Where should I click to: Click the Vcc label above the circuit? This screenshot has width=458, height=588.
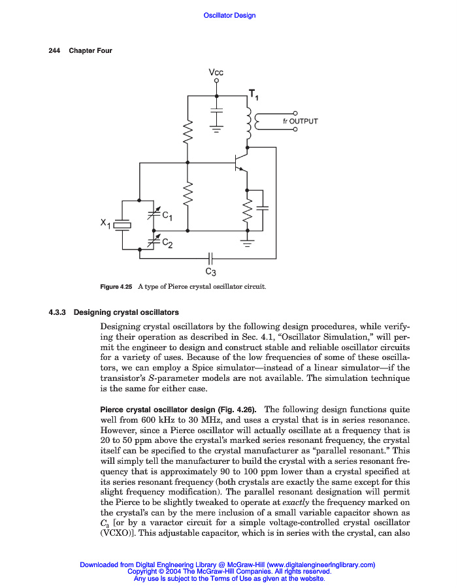[x=216, y=73]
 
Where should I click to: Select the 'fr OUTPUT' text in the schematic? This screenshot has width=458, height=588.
[x=301, y=121]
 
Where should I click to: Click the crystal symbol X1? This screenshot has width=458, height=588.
[x=122, y=225]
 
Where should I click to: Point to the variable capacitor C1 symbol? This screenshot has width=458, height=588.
[x=155, y=212]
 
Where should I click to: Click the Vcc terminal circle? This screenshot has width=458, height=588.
[x=217, y=82]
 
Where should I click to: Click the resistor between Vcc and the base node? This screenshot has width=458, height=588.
[x=188, y=132]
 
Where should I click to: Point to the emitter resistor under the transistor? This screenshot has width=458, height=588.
[x=248, y=210]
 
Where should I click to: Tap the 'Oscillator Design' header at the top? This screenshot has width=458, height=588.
[x=229, y=15]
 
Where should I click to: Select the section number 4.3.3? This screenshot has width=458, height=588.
[x=59, y=312]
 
